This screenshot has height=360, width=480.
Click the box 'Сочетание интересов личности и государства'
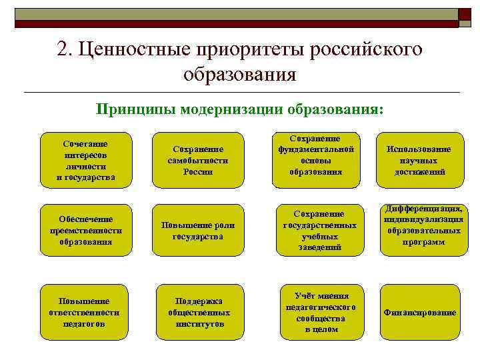coord(85,160)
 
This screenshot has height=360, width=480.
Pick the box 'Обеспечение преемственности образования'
coord(85,230)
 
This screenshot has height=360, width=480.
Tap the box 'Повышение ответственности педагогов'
coord(84,312)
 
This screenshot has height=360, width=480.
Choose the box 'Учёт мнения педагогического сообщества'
coord(321,312)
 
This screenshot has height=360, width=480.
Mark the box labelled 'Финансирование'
coord(419,312)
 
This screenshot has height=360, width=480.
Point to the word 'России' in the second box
coord(197,171)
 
